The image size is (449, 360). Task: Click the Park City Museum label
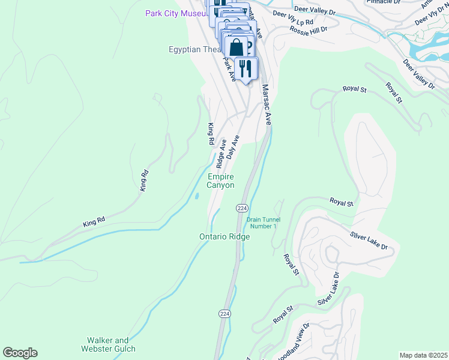click(177, 13)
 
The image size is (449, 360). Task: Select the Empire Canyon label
click(220, 181)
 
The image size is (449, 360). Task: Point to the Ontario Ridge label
click(224, 236)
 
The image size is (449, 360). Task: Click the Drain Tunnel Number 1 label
click(262, 223)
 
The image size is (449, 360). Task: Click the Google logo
click(20, 353)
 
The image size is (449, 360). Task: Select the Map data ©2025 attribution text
click(423, 355)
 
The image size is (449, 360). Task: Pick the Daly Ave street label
click(233, 146)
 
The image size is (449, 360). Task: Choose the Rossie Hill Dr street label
click(308, 29)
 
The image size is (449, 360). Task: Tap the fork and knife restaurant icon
click(246, 67)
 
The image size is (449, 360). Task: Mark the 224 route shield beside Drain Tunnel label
click(241, 208)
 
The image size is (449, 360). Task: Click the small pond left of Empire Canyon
click(197, 196)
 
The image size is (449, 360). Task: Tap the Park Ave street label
click(229, 62)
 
